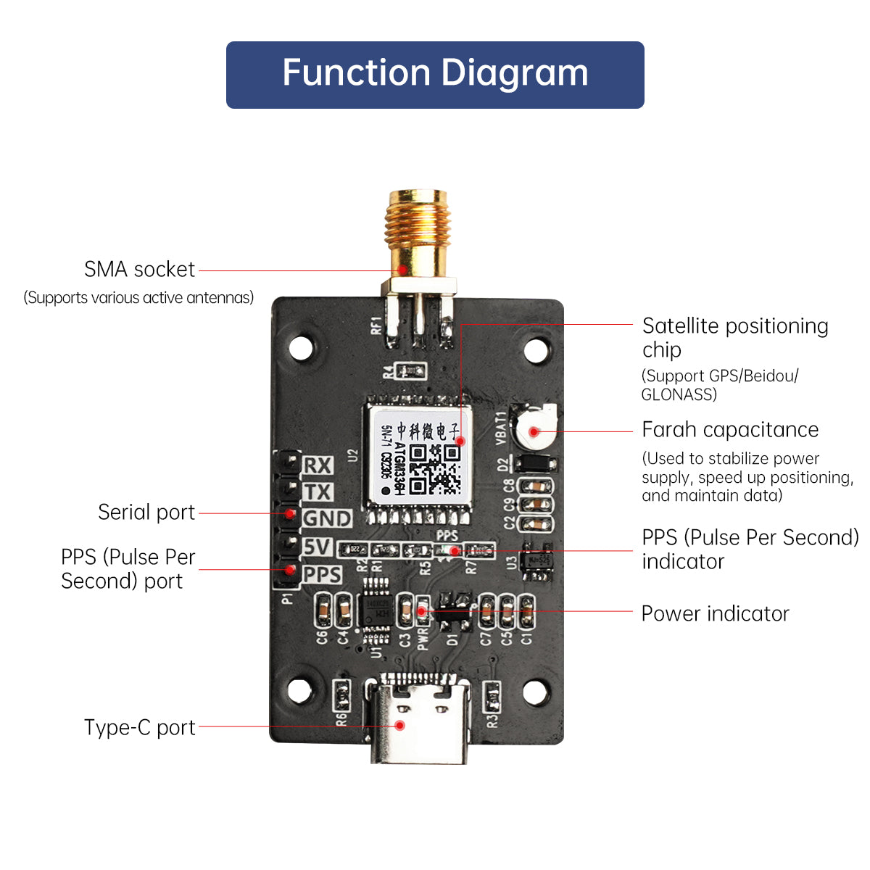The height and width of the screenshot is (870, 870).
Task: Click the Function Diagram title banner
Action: coord(435,75)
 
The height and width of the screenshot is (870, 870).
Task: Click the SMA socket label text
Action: coord(139,270)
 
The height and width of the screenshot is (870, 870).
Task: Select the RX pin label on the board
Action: coord(318,465)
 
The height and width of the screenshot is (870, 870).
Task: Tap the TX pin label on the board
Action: coord(318,492)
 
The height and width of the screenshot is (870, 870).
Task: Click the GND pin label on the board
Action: coord(327,519)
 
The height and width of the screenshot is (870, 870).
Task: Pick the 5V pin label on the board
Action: coord(318,547)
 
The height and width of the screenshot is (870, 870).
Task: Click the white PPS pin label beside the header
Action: coord(322,574)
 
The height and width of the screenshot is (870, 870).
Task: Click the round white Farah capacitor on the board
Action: coord(535,428)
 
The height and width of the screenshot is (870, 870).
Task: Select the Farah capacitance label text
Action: coord(730,430)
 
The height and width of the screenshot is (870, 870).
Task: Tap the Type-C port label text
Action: coord(139,727)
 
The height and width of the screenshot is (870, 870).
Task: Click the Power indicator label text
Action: coord(715,614)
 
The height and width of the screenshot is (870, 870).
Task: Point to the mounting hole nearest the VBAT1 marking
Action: coord(535,351)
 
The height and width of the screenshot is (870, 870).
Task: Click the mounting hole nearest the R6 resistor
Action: coord(300,691)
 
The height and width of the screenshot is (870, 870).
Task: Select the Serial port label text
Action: coord(146,513)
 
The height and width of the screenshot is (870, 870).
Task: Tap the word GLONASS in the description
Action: coord(679,394)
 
